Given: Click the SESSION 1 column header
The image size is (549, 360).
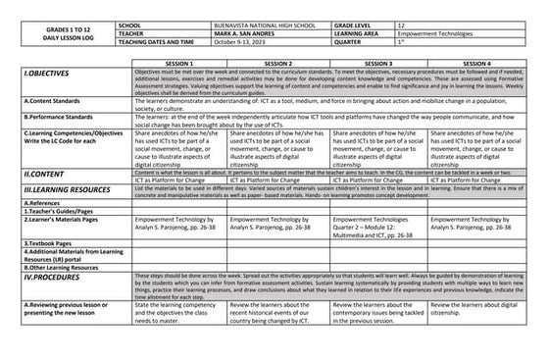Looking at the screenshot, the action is click(178, 63).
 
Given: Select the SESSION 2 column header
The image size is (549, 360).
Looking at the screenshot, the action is click(278, 63).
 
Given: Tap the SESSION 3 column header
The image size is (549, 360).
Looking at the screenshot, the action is click(378, 63).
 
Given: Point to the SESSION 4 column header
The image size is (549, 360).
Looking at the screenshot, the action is click(477, 63).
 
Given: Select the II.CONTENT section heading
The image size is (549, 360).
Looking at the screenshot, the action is click(33, 173).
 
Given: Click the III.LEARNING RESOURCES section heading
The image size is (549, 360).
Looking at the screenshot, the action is click(58, 193).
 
